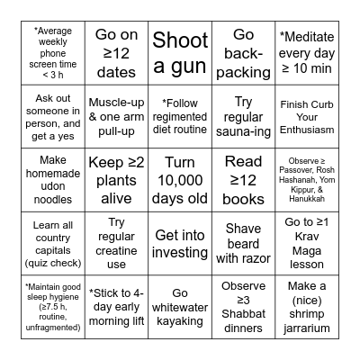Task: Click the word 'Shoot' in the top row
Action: (180, 40)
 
